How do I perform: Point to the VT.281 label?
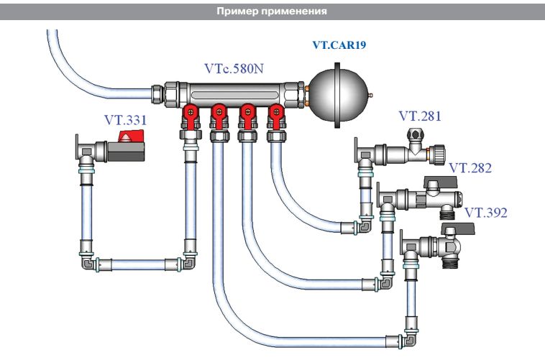(420, 116)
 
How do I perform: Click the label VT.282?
(470, 168)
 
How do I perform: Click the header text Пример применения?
(272, 11)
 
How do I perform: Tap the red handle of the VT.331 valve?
(129, 141)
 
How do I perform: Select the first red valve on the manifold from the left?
(191, 113)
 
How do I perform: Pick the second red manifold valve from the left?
(219, 113)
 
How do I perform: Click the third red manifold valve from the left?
(247, 113)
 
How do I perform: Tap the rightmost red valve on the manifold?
(275, 113)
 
